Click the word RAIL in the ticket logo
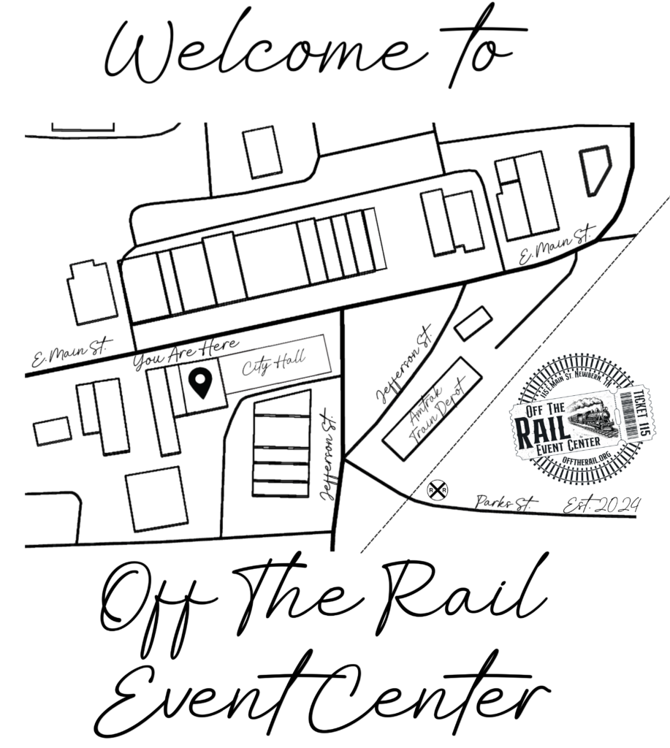pos(536,431)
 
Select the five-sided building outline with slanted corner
pos(596,169)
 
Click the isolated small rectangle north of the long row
pos(261,152)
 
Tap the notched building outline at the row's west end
pos(94,292)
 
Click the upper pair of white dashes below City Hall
pos(282,416)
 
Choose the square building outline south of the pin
pos(157,500)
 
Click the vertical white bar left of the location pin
pos(180,383)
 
